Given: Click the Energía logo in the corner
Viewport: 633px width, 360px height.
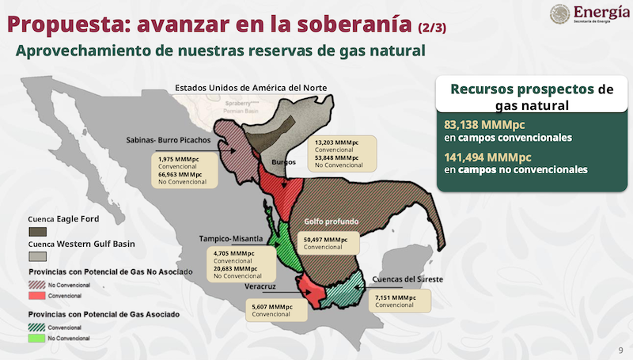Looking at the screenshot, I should click(x=588, y=15).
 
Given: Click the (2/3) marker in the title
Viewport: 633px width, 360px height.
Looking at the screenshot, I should click(x=432, y=28).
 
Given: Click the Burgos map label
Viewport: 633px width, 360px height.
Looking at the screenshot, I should click(x=283, y=162).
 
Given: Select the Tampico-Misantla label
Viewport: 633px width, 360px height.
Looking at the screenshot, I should click(x=232, y=237).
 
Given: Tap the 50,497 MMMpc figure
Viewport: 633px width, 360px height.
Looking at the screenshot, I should click(x=324, y=239).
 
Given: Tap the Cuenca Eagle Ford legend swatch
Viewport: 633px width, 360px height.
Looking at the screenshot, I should click(x=37, y=231).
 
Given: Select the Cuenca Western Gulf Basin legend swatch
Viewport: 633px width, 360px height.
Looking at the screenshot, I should click(x=37, y=256).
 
